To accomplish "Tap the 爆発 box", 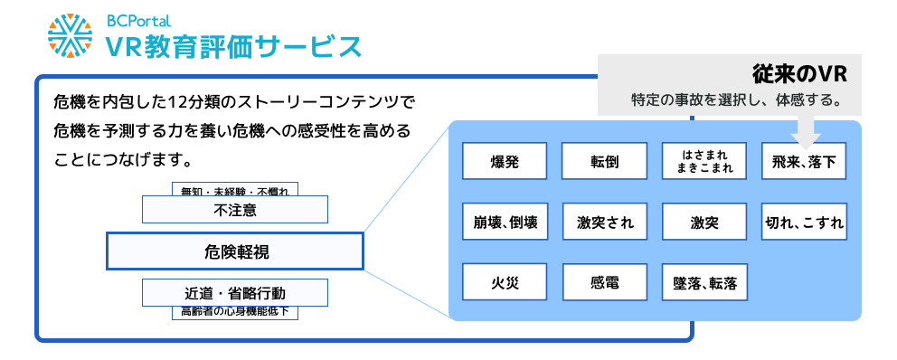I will [x=505, y=162].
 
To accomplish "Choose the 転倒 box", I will [x=604, y=162].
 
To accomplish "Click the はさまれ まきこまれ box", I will [x=703, y=162].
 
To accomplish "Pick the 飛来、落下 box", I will [x=804, y=162].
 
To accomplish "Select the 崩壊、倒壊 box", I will [x=505, y=222].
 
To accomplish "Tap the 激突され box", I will [x=604, y=222].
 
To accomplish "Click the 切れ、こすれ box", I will [x=804, y=222].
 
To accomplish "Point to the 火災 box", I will [x=505, y=282].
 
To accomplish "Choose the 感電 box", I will [x=604, y=282].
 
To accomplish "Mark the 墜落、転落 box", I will [x=703, y=282].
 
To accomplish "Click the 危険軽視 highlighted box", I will [x=235, y=251].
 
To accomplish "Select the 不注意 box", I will [x=235, y=210].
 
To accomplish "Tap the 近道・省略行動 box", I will [x=235, y=293].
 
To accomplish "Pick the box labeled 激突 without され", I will [x=703, y=222].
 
